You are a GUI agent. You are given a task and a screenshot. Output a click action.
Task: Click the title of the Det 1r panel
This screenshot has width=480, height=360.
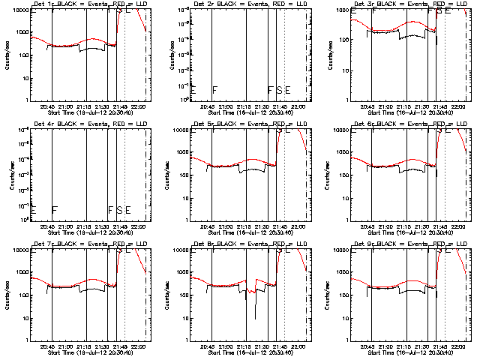83,4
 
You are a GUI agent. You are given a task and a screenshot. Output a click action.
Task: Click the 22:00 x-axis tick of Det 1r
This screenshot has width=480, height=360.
137,106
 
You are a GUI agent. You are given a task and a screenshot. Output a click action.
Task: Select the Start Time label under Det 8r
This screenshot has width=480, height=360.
244,352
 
